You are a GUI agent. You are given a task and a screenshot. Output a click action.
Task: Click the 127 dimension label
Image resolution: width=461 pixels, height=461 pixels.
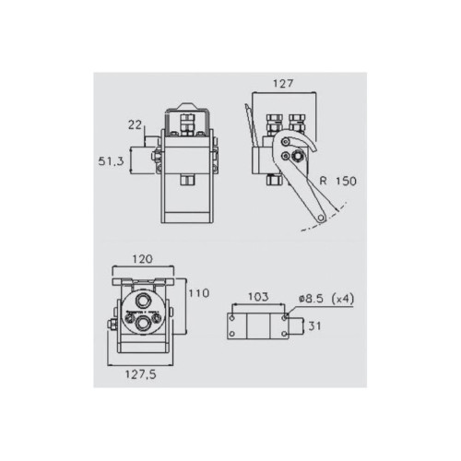coord(283,84)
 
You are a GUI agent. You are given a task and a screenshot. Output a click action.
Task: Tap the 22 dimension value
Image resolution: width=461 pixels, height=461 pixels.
coord(135,124)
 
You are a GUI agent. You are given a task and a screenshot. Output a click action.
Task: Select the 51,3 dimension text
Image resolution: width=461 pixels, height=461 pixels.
coord(111,161)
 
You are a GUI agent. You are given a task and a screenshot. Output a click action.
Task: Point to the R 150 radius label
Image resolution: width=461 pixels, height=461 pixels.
coord(338,181)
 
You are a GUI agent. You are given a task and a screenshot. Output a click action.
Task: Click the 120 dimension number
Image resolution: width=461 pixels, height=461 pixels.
coord(142,259)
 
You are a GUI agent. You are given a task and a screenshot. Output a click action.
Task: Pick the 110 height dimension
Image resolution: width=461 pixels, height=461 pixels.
coord(199,293)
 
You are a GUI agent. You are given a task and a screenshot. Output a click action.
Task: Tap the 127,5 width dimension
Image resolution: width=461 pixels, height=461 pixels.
coord(140,374)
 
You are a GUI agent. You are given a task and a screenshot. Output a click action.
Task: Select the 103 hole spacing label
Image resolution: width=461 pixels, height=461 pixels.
coord(258,297)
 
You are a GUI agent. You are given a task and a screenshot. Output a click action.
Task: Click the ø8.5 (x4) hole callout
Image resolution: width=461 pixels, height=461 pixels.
coord(326,299)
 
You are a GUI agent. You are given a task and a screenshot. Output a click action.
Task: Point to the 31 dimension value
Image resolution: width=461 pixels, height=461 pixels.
coord(314,325)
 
